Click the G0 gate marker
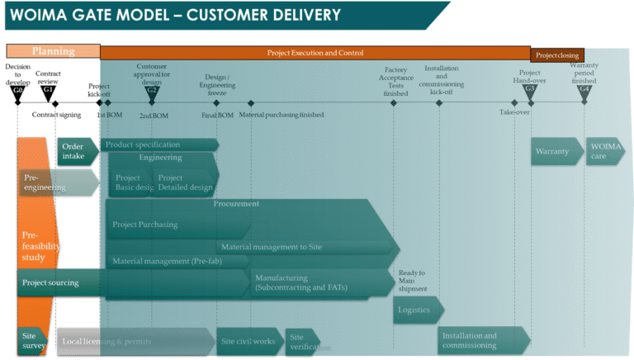18,89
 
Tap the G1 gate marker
49,89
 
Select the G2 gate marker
152,89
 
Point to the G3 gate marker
530,89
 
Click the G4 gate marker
584,89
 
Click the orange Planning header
53,51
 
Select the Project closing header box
557,55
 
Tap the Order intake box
76,151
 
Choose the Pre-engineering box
50,182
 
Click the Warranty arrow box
555,152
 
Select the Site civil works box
248,340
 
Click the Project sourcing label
51,282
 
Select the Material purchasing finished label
282,115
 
